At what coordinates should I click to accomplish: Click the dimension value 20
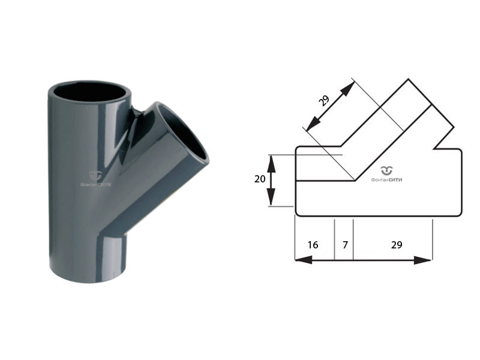[260, 179]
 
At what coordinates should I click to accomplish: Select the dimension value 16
[313, 245]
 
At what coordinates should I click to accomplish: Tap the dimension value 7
[346, 245]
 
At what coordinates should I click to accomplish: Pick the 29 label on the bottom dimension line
[397, 245]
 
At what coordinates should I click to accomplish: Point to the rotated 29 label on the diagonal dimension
[323, 100]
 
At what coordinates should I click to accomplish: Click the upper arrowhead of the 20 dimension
[271, 163]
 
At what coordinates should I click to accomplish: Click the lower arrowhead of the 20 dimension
[271, 197]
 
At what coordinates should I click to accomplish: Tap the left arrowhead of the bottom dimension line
[304, 260]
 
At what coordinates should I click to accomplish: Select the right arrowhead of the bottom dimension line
[422, 260]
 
